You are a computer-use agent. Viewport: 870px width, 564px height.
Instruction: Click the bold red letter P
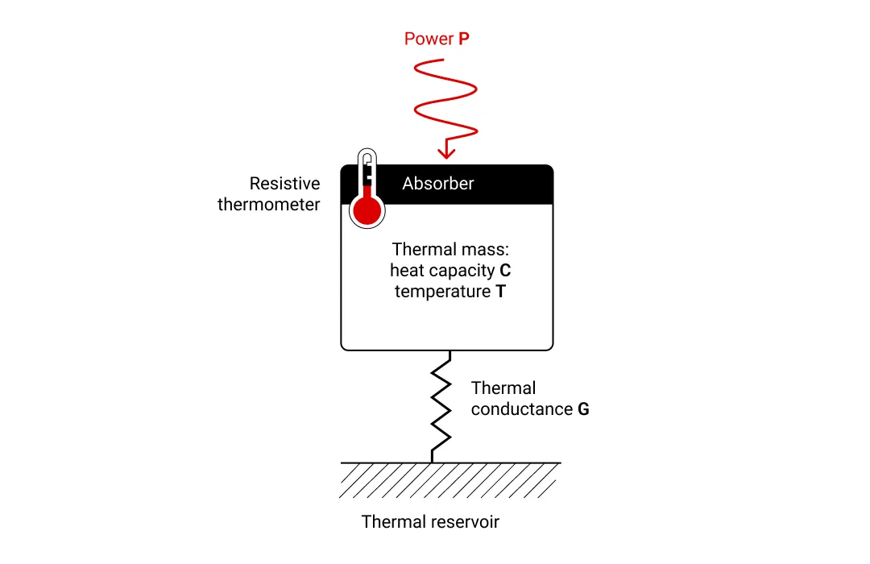[464, 39]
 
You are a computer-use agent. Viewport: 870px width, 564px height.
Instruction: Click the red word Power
[429, 39]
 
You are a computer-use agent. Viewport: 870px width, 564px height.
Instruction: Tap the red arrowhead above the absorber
[446, 152]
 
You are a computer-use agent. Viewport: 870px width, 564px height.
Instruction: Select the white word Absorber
[437, 183]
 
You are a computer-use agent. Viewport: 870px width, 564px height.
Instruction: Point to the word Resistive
[284, 183]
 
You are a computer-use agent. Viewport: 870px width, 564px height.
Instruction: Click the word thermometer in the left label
[268, 205]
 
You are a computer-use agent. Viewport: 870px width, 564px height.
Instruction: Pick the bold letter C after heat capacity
[505, 271]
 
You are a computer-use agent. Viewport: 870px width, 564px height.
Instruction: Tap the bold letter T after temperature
[500, 292]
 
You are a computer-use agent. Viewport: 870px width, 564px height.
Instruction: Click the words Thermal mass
[450, 249]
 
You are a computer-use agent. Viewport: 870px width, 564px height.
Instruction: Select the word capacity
[462, 271]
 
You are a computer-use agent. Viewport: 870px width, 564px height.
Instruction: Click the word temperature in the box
[443, 292]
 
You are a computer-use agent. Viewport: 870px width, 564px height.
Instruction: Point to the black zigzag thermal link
[441, 407]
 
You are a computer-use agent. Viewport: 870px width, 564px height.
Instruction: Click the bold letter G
[583, 409]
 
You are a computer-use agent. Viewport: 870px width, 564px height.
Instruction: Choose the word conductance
[522, 409]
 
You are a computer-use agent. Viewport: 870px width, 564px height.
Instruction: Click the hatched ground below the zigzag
[450, 479]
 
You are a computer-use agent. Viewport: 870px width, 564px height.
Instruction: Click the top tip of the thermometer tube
[367, 149]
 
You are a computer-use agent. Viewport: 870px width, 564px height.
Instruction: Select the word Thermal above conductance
[503, 388]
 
